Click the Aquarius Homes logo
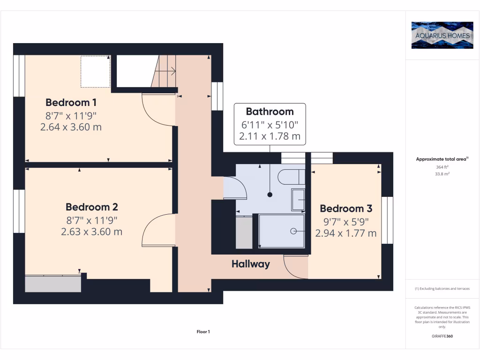click(442, 35)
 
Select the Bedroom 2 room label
click(91, 207)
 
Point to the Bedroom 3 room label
click(345, 209)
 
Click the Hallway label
click(251, 264)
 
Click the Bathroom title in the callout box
click(270, 112)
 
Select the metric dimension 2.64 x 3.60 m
click(71, 127)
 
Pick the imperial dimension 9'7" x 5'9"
click(345, 222)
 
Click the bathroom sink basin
click(298, 199)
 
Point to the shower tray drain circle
click(293, 231)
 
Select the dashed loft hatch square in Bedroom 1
click(95, 71)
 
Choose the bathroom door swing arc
click(237, 187)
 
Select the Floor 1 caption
click(203, 332)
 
